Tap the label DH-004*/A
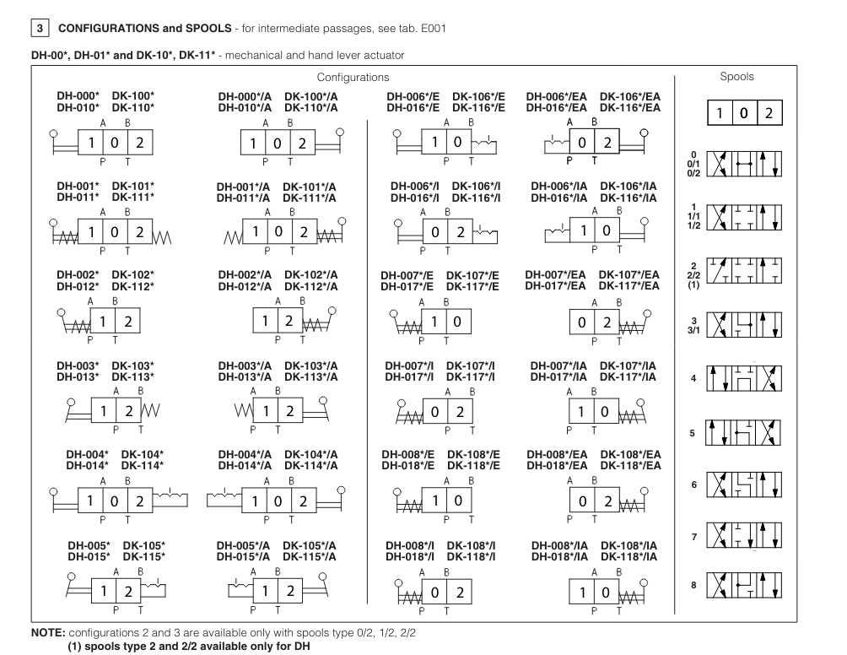pos(245,454)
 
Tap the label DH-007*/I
pos(411,365)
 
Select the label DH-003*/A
pos(245,365)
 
